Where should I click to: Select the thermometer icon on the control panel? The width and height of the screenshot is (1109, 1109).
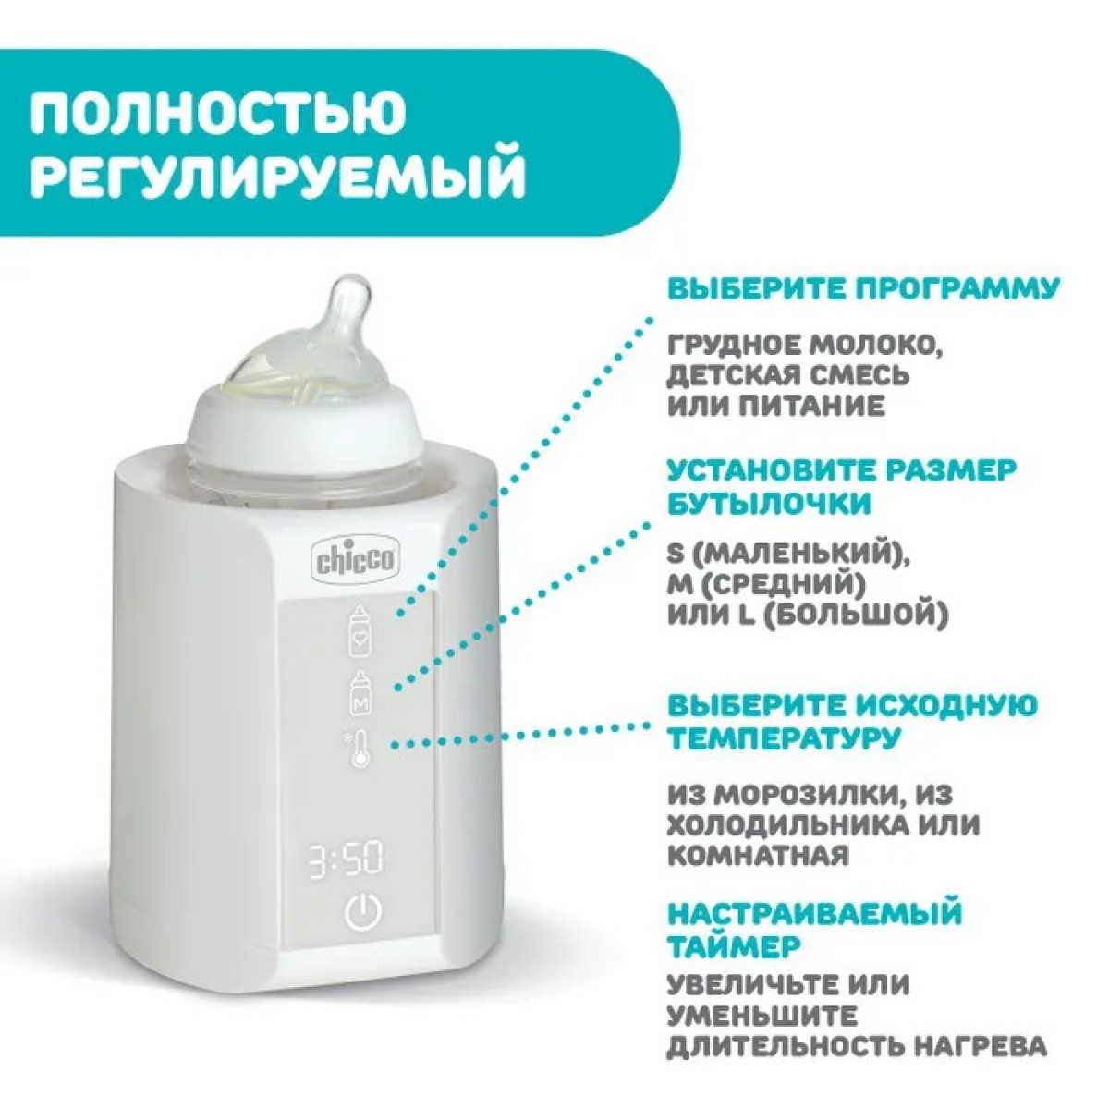pos(360,747)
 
